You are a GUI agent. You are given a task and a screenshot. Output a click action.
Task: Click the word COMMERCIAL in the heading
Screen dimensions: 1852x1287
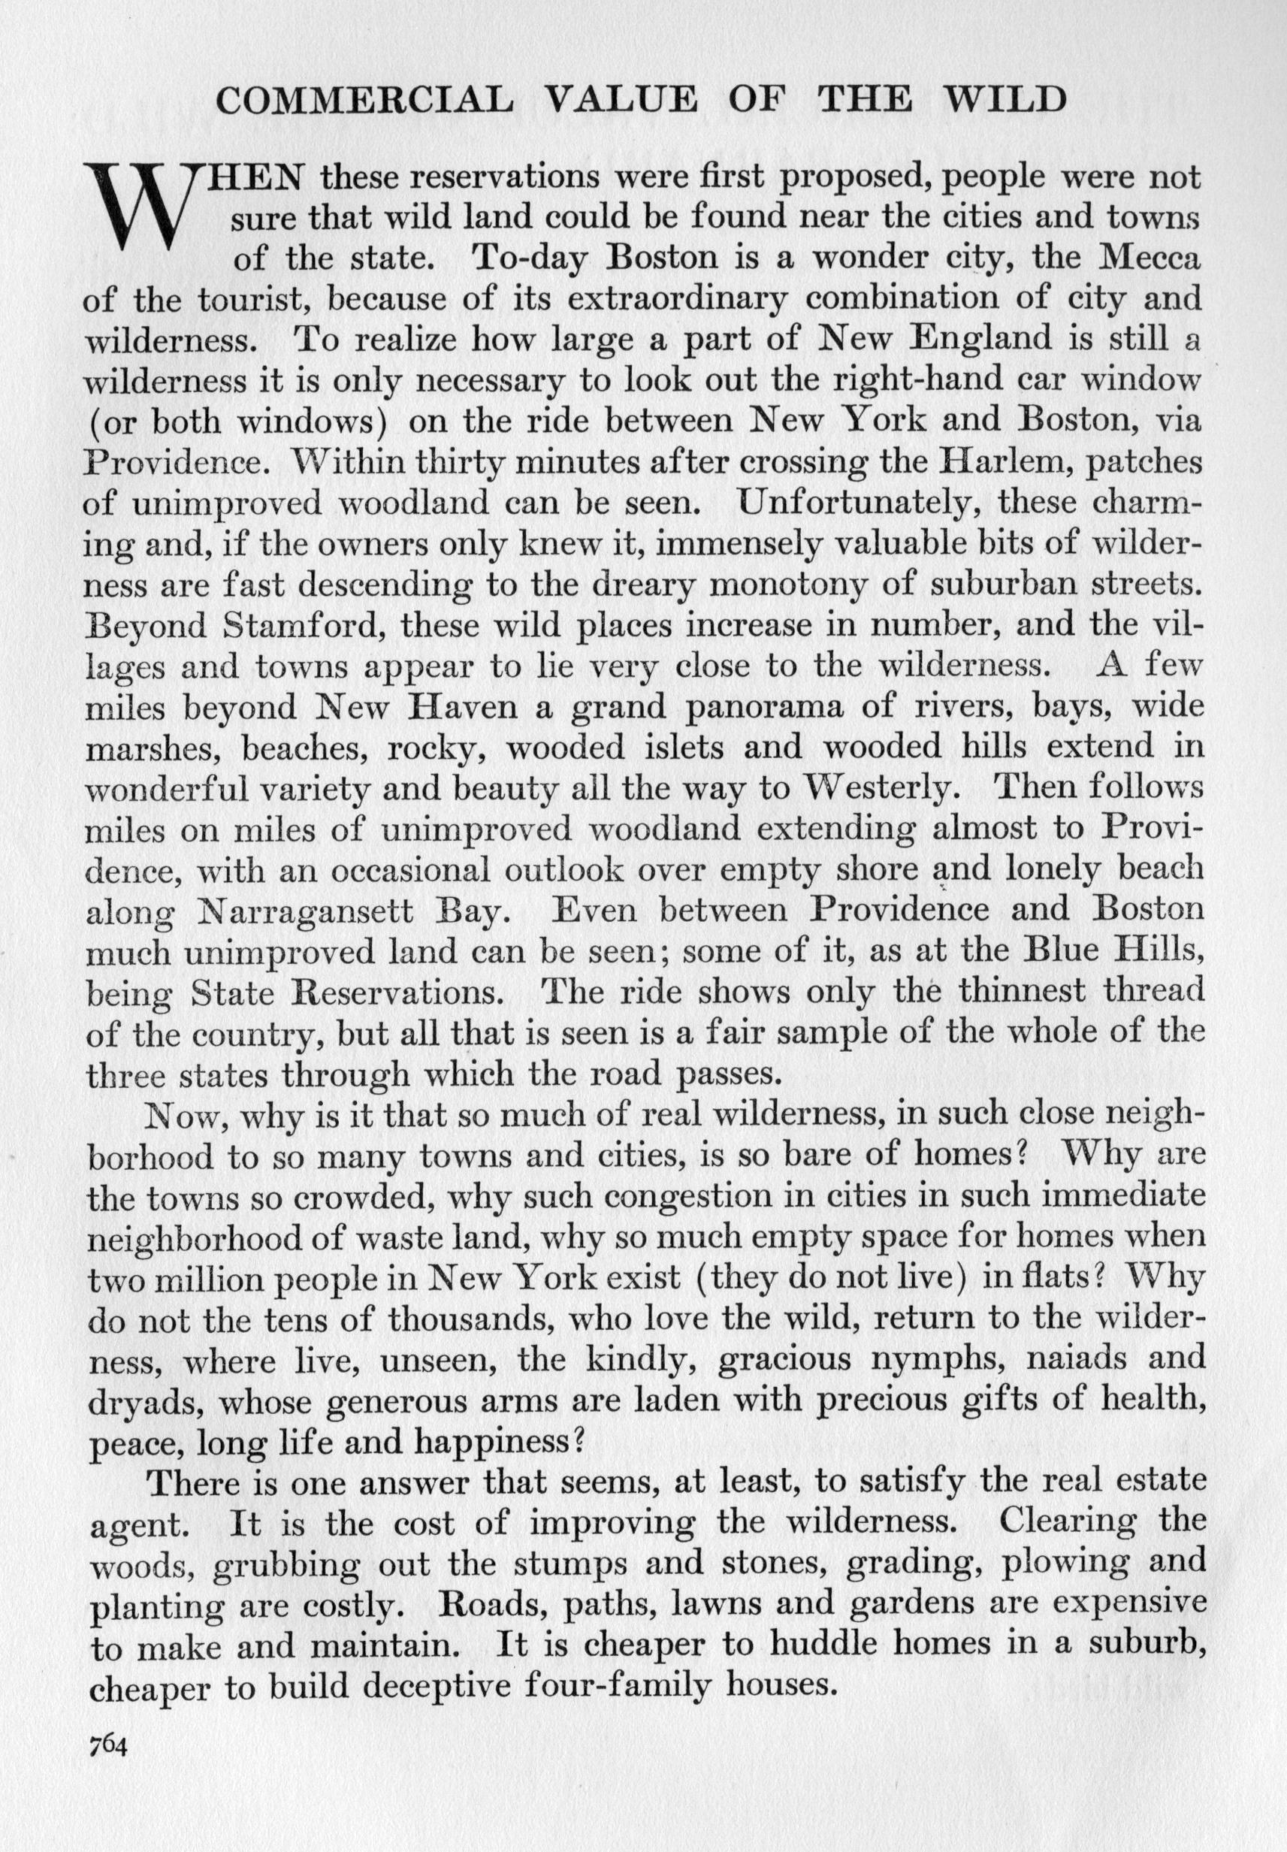364,101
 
